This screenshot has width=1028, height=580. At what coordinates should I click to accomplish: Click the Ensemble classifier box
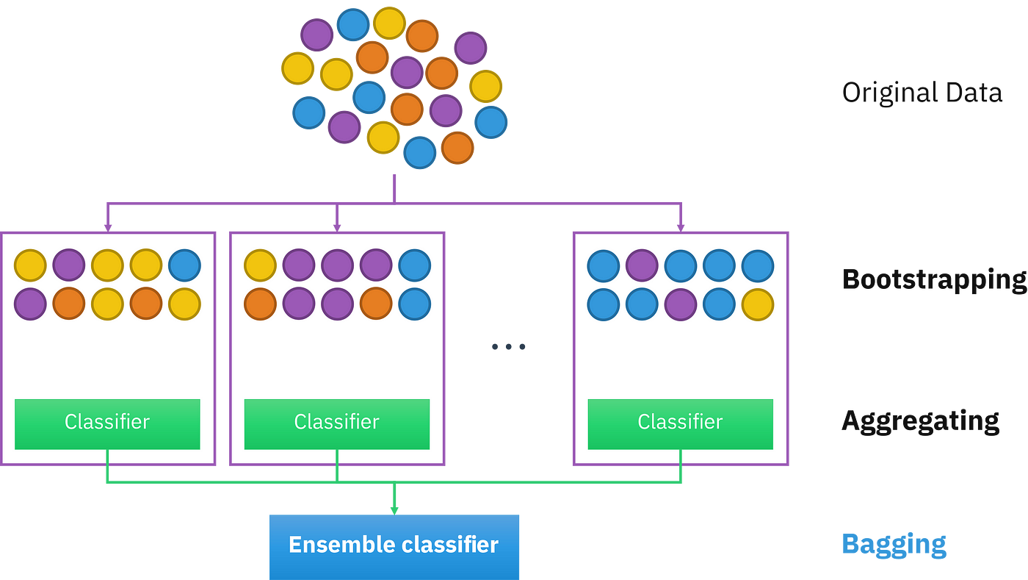[394, 547]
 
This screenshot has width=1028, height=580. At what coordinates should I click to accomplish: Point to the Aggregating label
[921, 421]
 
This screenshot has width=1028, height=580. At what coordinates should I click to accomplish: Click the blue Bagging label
[894, 545]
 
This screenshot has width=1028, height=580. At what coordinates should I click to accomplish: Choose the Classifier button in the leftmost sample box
[107, 423]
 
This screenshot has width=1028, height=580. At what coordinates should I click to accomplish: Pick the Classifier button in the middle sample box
[337, 423]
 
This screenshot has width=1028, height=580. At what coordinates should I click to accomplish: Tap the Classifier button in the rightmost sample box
[680, 423]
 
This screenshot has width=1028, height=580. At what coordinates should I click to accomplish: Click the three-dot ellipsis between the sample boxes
[508, 346]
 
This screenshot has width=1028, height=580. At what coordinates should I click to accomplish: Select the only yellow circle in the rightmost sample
[758, 304]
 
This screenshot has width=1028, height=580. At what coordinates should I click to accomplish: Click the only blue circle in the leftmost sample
[184, 265]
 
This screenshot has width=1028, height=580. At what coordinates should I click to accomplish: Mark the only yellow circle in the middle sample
[260, 265]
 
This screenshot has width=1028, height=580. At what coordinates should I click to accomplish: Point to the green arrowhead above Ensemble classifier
[394, 511]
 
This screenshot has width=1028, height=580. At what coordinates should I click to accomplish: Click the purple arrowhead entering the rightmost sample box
[681, 229]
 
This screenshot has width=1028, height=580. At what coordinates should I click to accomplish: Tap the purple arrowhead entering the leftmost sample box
[108, 229]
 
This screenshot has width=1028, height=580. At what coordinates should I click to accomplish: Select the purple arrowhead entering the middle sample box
[337, 229]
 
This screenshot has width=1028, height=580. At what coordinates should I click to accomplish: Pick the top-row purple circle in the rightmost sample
[642, 265]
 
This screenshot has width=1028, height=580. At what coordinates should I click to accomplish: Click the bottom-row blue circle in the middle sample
[414, 304]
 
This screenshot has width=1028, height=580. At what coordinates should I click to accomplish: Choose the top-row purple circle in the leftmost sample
[69, 265]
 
